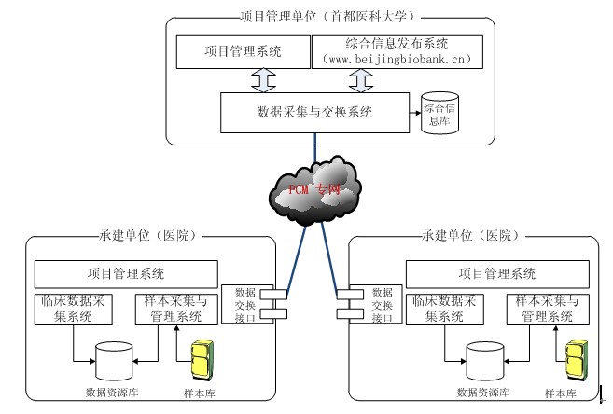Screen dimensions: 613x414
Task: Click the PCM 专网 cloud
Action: pyautogui.click(x=314, y=190)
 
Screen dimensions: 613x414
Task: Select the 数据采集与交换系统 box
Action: pyautogui.click(x=314, y=113)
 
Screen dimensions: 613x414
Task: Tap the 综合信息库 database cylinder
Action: pyautogui.click(x=439, y=113)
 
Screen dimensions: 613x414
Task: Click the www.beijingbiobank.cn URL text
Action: pyautogui.click(x=397, y=60)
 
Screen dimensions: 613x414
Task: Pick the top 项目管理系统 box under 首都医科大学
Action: pyautogui.click(x=244, y=52)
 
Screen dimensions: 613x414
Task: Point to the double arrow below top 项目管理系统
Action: pyautogui.click(x=263, y=80)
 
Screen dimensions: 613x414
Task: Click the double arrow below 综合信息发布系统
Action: pyautogui.click(x=361, y=80)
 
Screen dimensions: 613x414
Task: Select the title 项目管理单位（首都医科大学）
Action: pyautogui.click(x=327, y=17)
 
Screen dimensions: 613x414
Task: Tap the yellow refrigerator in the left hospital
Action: pyautogui.click(x=202, y=360)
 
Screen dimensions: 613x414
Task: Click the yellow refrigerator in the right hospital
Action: pyautogui.click(x=577, y=360)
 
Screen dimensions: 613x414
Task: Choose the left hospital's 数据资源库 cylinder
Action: pyautogui.click(x=114, y=361)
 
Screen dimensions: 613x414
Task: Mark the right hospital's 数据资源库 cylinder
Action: pyautogui.click(x=485, y=361)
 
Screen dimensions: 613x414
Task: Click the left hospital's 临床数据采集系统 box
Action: pyautogui.click(x=74, y=310)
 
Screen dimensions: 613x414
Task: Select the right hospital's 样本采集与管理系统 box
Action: pyautogui.click(x=548, y=310)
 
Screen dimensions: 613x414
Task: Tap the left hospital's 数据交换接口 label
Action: pyautogui.click(x=245, y=305)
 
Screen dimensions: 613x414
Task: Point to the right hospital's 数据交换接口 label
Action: pyautogui.click(x=382, y=305)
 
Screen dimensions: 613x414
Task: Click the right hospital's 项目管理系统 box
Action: pyautogui.click(x=497, y=274)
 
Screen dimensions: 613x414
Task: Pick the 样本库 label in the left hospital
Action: pyautogui.click(x=200, y=393)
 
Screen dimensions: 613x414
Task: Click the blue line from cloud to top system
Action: pyautogui.click(x=315, y=147)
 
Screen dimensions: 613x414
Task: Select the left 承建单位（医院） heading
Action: pyautogui.click(x=147, y=236)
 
